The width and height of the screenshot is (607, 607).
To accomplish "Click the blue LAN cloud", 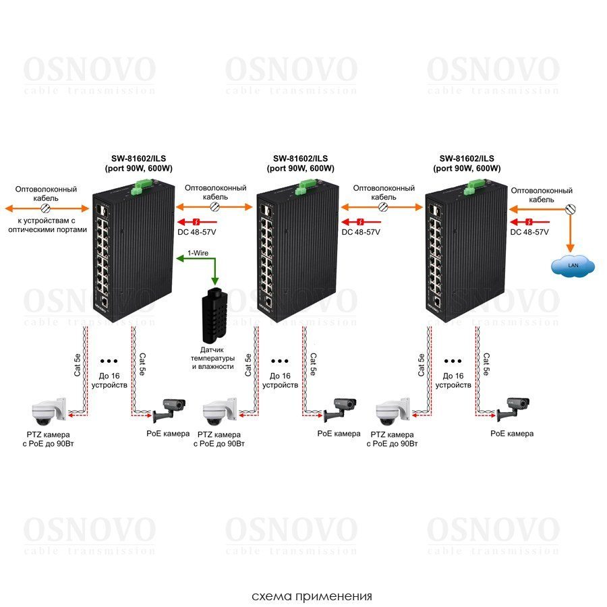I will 572,266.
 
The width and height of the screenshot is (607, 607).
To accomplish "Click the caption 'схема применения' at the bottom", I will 312,596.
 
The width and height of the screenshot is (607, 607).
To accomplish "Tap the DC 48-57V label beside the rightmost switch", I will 529,232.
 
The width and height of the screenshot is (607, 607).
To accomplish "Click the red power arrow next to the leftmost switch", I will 195,222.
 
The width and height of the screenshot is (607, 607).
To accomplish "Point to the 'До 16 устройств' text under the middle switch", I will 280,380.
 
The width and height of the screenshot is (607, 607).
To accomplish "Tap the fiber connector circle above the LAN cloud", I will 570,210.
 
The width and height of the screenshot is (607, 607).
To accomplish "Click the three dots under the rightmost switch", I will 453,362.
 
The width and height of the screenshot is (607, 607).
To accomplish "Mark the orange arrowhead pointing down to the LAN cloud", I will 570,248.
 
